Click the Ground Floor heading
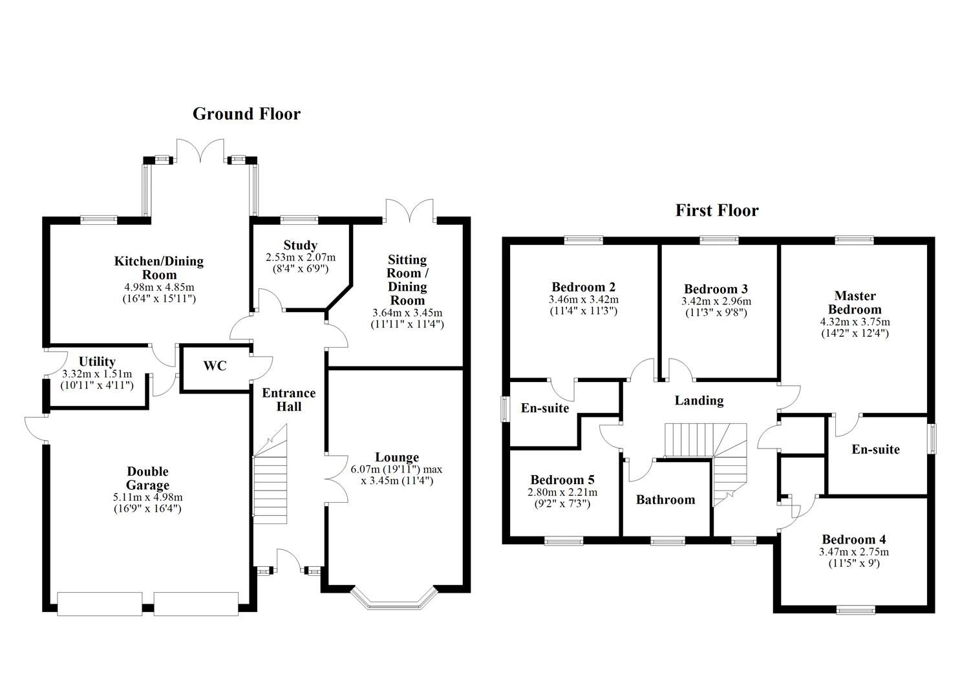point(246,114)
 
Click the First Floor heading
point(717,211)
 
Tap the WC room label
point(215,366)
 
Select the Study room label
point(301,246)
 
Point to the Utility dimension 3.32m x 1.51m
point(97,374)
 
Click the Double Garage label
point(147,478)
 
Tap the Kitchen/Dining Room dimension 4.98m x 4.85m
point(158,287)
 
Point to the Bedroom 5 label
point(562,480)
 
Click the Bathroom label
point(665,500)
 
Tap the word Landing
point(699,401)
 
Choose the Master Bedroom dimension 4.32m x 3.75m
point(855,322)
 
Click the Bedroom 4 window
point(856,608)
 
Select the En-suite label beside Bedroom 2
point(545,408)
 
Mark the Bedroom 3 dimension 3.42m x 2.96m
point(716,301)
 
